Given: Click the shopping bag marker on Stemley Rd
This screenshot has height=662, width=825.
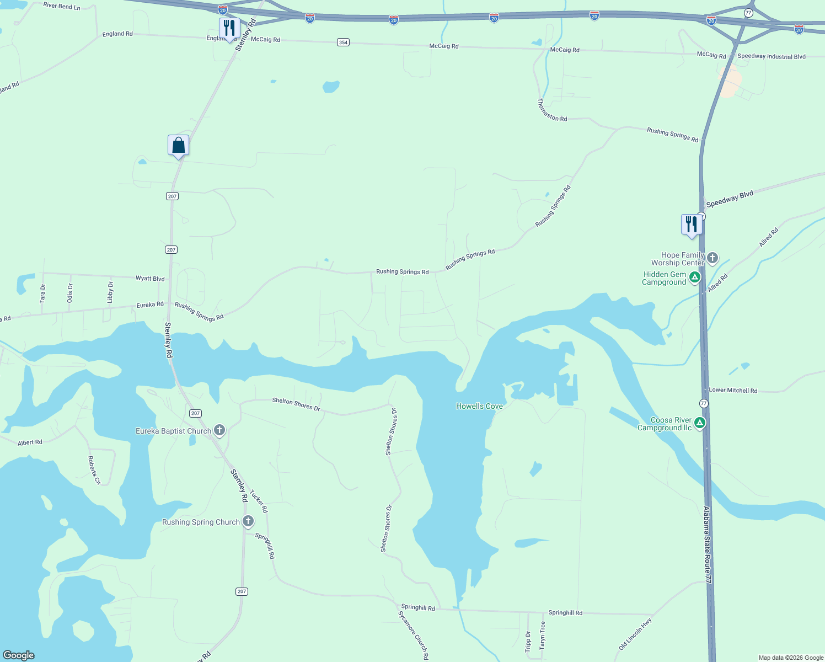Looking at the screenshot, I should pos(178,146).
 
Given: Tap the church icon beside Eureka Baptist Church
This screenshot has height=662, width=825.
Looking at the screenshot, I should pos(219,430).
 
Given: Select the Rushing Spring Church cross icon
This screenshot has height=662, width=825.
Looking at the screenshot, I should pos(248,521).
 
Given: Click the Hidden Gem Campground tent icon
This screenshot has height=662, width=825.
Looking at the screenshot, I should pos(695,277).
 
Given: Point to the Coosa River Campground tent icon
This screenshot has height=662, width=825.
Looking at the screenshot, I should pos(700,423).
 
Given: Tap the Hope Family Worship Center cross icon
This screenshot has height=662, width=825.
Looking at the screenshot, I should pos(712,258).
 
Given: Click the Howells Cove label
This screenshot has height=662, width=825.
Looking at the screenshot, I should pos(479,406).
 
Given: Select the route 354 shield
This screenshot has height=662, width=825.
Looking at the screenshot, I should pos(343,42).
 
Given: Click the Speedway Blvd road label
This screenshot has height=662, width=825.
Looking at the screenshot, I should pos(730,199).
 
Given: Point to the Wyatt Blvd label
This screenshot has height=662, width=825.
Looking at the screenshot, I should pos(150,279).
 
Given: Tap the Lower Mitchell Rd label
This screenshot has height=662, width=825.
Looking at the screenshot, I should pos(733,390).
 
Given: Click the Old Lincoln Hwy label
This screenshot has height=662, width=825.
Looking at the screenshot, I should pos(635,634).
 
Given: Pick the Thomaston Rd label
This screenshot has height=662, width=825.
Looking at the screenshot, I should pos(552,110).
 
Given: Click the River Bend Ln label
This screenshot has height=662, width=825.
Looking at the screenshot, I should pos(62,6).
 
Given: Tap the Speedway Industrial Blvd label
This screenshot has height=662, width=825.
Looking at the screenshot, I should pos(772,56).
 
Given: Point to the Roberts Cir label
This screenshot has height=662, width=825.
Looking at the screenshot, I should pos(94,470).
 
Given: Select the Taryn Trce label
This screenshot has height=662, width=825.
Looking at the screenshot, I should pos(543,635).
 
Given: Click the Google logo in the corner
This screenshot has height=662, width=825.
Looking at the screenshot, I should pos(19,655).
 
